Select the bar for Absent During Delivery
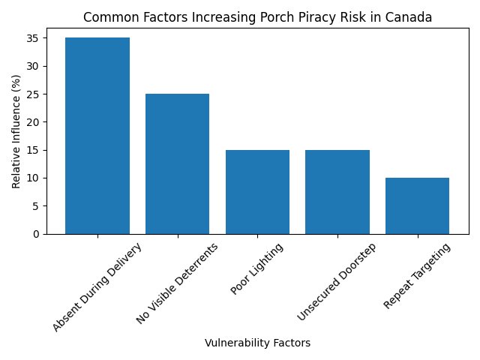[97, 136]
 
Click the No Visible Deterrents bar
[177, 163]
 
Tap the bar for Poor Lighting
[257, 192]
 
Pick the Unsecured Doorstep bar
[337, 192]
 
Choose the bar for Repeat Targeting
[417, 205]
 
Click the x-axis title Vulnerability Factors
[257, 343]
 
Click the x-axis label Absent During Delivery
[97, 286]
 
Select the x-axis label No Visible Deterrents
[177, 282]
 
